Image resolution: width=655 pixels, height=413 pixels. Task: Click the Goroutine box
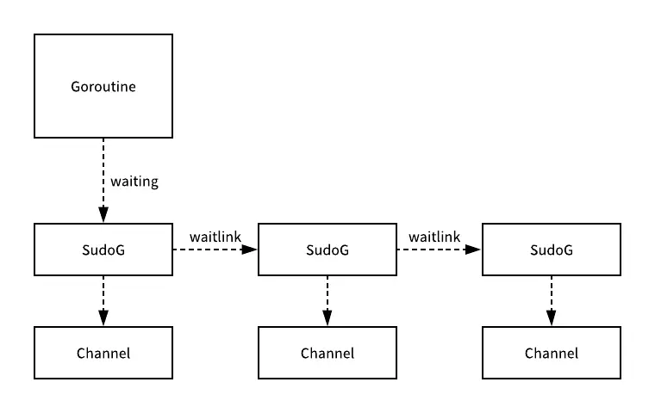point(103,86)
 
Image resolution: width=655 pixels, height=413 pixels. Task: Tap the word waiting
point(134,182)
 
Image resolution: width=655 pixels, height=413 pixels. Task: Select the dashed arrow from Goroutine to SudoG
point(103,172)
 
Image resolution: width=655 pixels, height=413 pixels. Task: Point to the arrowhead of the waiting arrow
point(103,216)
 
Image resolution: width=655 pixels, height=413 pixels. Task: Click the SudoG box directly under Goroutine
point(103,250)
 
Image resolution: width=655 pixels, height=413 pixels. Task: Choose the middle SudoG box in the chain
point(327,250)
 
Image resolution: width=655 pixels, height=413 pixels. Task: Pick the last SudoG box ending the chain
point(552,250)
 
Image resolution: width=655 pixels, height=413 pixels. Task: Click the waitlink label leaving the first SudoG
point(215,237)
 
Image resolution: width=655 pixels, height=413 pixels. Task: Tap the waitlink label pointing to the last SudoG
point(434,237)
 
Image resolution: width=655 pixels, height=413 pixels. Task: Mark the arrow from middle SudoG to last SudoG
point(435,250)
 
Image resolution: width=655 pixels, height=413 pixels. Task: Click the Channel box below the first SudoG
point(103,353)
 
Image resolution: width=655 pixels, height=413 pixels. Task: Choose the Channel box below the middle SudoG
point(327,353)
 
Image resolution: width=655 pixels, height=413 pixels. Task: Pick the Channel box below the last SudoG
point(552,353)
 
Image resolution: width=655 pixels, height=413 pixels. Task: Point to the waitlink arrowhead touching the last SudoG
point(475,250)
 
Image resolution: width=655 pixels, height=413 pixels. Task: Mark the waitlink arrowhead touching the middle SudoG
point(251,250)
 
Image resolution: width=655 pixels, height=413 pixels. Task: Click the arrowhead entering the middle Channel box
point(327,319)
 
